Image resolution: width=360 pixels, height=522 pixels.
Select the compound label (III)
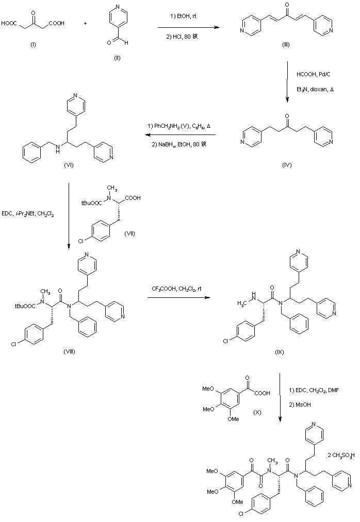(286, 45)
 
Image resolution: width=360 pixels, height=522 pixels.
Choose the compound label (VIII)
(70, 351)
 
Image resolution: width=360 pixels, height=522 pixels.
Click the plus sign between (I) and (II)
(85, 23)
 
